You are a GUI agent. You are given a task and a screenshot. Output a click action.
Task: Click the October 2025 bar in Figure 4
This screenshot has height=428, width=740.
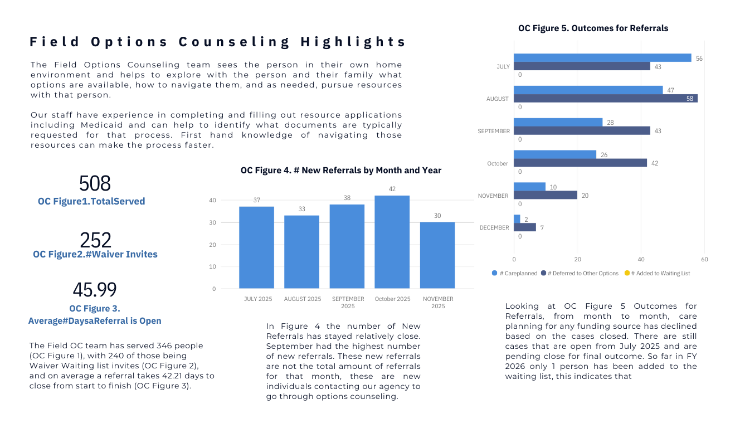392,242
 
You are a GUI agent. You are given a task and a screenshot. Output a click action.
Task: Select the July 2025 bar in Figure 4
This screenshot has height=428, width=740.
256,247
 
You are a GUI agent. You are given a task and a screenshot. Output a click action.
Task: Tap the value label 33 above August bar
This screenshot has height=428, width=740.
301,209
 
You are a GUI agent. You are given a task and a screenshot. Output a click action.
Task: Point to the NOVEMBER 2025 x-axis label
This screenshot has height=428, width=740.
438,303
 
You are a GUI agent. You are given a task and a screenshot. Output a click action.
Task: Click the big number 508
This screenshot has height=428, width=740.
95,183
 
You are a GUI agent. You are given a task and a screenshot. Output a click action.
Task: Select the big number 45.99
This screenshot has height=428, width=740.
95,290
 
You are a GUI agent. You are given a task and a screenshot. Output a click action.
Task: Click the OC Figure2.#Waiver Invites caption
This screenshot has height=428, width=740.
95,254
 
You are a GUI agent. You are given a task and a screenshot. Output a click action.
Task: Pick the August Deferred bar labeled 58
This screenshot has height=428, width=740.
605,99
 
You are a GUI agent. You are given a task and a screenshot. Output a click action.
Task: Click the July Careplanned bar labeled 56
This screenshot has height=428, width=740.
602,58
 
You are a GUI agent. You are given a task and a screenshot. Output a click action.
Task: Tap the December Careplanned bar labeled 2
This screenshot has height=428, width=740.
517,219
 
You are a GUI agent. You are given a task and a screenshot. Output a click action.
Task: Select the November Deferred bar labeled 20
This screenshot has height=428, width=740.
545,195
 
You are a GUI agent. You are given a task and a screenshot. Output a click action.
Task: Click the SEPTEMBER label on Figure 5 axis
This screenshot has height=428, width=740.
494,131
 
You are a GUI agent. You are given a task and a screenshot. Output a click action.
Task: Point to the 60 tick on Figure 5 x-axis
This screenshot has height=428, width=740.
704,259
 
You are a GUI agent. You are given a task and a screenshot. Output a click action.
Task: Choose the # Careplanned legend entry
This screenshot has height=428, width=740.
515,273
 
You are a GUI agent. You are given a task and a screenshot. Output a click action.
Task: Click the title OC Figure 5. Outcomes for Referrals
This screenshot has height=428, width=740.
593,28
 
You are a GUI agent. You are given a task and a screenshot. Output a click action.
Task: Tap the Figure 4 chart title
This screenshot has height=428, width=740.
340,171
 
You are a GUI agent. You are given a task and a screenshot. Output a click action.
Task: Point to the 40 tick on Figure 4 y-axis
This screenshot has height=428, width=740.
213,200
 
